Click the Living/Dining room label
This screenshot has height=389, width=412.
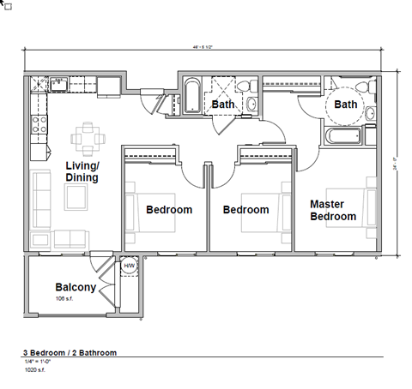(82, 171)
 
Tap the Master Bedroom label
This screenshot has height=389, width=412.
(332, 210)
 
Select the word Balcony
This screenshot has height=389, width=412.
(75, 287)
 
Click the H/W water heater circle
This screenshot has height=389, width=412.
(130, 266)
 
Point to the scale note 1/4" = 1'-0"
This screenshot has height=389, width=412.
(39, 363)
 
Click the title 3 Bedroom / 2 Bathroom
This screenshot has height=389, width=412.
(69, 352)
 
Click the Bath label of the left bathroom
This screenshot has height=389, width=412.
(223, 105)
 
